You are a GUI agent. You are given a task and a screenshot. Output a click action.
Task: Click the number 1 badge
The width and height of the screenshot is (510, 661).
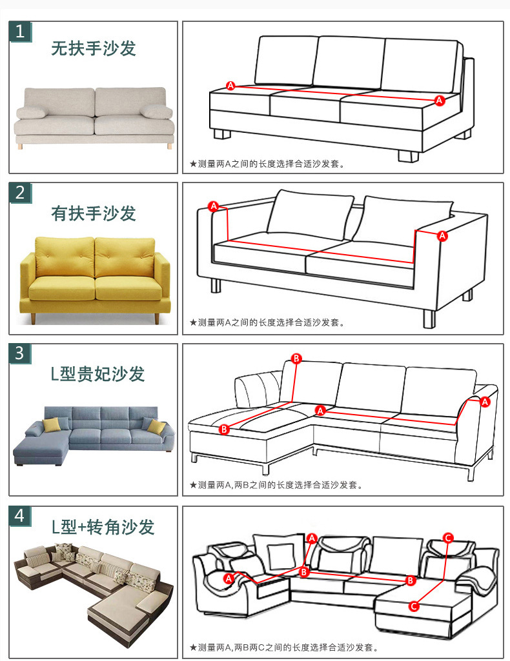[20, 32]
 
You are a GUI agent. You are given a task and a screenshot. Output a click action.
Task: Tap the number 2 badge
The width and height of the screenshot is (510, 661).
[20, 193]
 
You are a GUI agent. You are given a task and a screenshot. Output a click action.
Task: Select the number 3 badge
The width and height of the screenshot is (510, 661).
[20, 353]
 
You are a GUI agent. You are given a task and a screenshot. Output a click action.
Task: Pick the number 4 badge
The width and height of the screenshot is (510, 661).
[20, 516]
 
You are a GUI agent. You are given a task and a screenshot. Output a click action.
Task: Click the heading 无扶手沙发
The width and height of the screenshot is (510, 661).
[93, 48]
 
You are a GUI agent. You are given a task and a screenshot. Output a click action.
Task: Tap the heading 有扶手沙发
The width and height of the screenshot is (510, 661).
[93, 213]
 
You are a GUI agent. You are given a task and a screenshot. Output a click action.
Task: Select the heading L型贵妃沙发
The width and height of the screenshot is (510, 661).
[98, 374]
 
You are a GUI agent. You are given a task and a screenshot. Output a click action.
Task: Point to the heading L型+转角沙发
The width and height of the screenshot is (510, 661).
[103, 527]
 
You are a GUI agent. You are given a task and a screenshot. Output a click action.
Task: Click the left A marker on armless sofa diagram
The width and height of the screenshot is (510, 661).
[230, 86]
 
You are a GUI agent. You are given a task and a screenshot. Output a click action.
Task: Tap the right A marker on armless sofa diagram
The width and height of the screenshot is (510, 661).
[440, 101]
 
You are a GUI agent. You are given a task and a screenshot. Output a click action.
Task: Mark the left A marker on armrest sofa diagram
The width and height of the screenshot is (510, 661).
[214, 206]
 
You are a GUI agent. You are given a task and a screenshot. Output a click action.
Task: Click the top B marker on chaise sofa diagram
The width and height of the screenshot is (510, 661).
[296, 359]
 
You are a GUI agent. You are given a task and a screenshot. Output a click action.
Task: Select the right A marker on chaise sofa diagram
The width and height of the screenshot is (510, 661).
[485, 402]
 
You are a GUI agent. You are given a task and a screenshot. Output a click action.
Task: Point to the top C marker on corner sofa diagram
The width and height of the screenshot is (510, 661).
[448, 537]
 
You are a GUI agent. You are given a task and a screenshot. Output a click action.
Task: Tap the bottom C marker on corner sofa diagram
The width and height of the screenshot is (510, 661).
[414, 606]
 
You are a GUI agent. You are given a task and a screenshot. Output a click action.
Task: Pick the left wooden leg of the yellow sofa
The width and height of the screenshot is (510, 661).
[33, 319]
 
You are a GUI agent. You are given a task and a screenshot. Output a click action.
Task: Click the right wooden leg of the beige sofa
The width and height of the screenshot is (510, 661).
[170, 146]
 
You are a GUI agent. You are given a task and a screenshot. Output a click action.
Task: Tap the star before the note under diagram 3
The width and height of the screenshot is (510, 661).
[193, 485]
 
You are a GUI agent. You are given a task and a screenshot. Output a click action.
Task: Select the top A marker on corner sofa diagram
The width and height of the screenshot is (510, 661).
[312, 538]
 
